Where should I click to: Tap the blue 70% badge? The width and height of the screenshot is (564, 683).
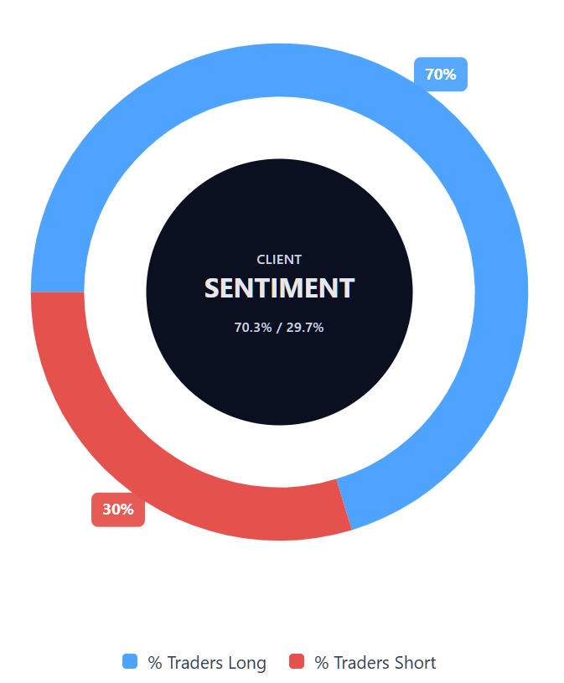click(x=441, y=75)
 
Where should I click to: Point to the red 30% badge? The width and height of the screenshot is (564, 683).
click(x=118, y=510)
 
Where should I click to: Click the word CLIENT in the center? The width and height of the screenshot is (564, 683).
click(x=279, y=260)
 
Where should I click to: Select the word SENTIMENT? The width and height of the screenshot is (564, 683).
click(x=279, y=288)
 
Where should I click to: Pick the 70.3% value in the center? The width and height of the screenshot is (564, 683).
click(x=252, y=328)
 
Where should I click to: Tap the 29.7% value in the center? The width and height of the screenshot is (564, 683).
click(x=305, y=328)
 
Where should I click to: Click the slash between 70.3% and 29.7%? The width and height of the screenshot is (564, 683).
click(x=279, y=328)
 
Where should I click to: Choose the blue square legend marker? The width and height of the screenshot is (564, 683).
click(x=130, y=662)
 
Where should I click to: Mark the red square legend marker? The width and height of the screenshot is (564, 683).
click(x=297, y=662)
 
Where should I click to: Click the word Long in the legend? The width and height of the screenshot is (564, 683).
click(x=246, y=663)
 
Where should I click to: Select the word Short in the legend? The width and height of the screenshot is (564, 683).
click(x=413, y=663)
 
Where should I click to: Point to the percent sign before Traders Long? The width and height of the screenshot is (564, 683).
click(x=155, y=663)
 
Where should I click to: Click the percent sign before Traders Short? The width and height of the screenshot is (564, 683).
click(x=322, y=663)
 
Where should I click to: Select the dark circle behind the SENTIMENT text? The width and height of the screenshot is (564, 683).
click(x=279, y=377)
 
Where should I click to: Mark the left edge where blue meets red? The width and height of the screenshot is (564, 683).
click(x=57, y=292)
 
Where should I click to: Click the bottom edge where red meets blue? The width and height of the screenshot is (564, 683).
click(x=344, y=504)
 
